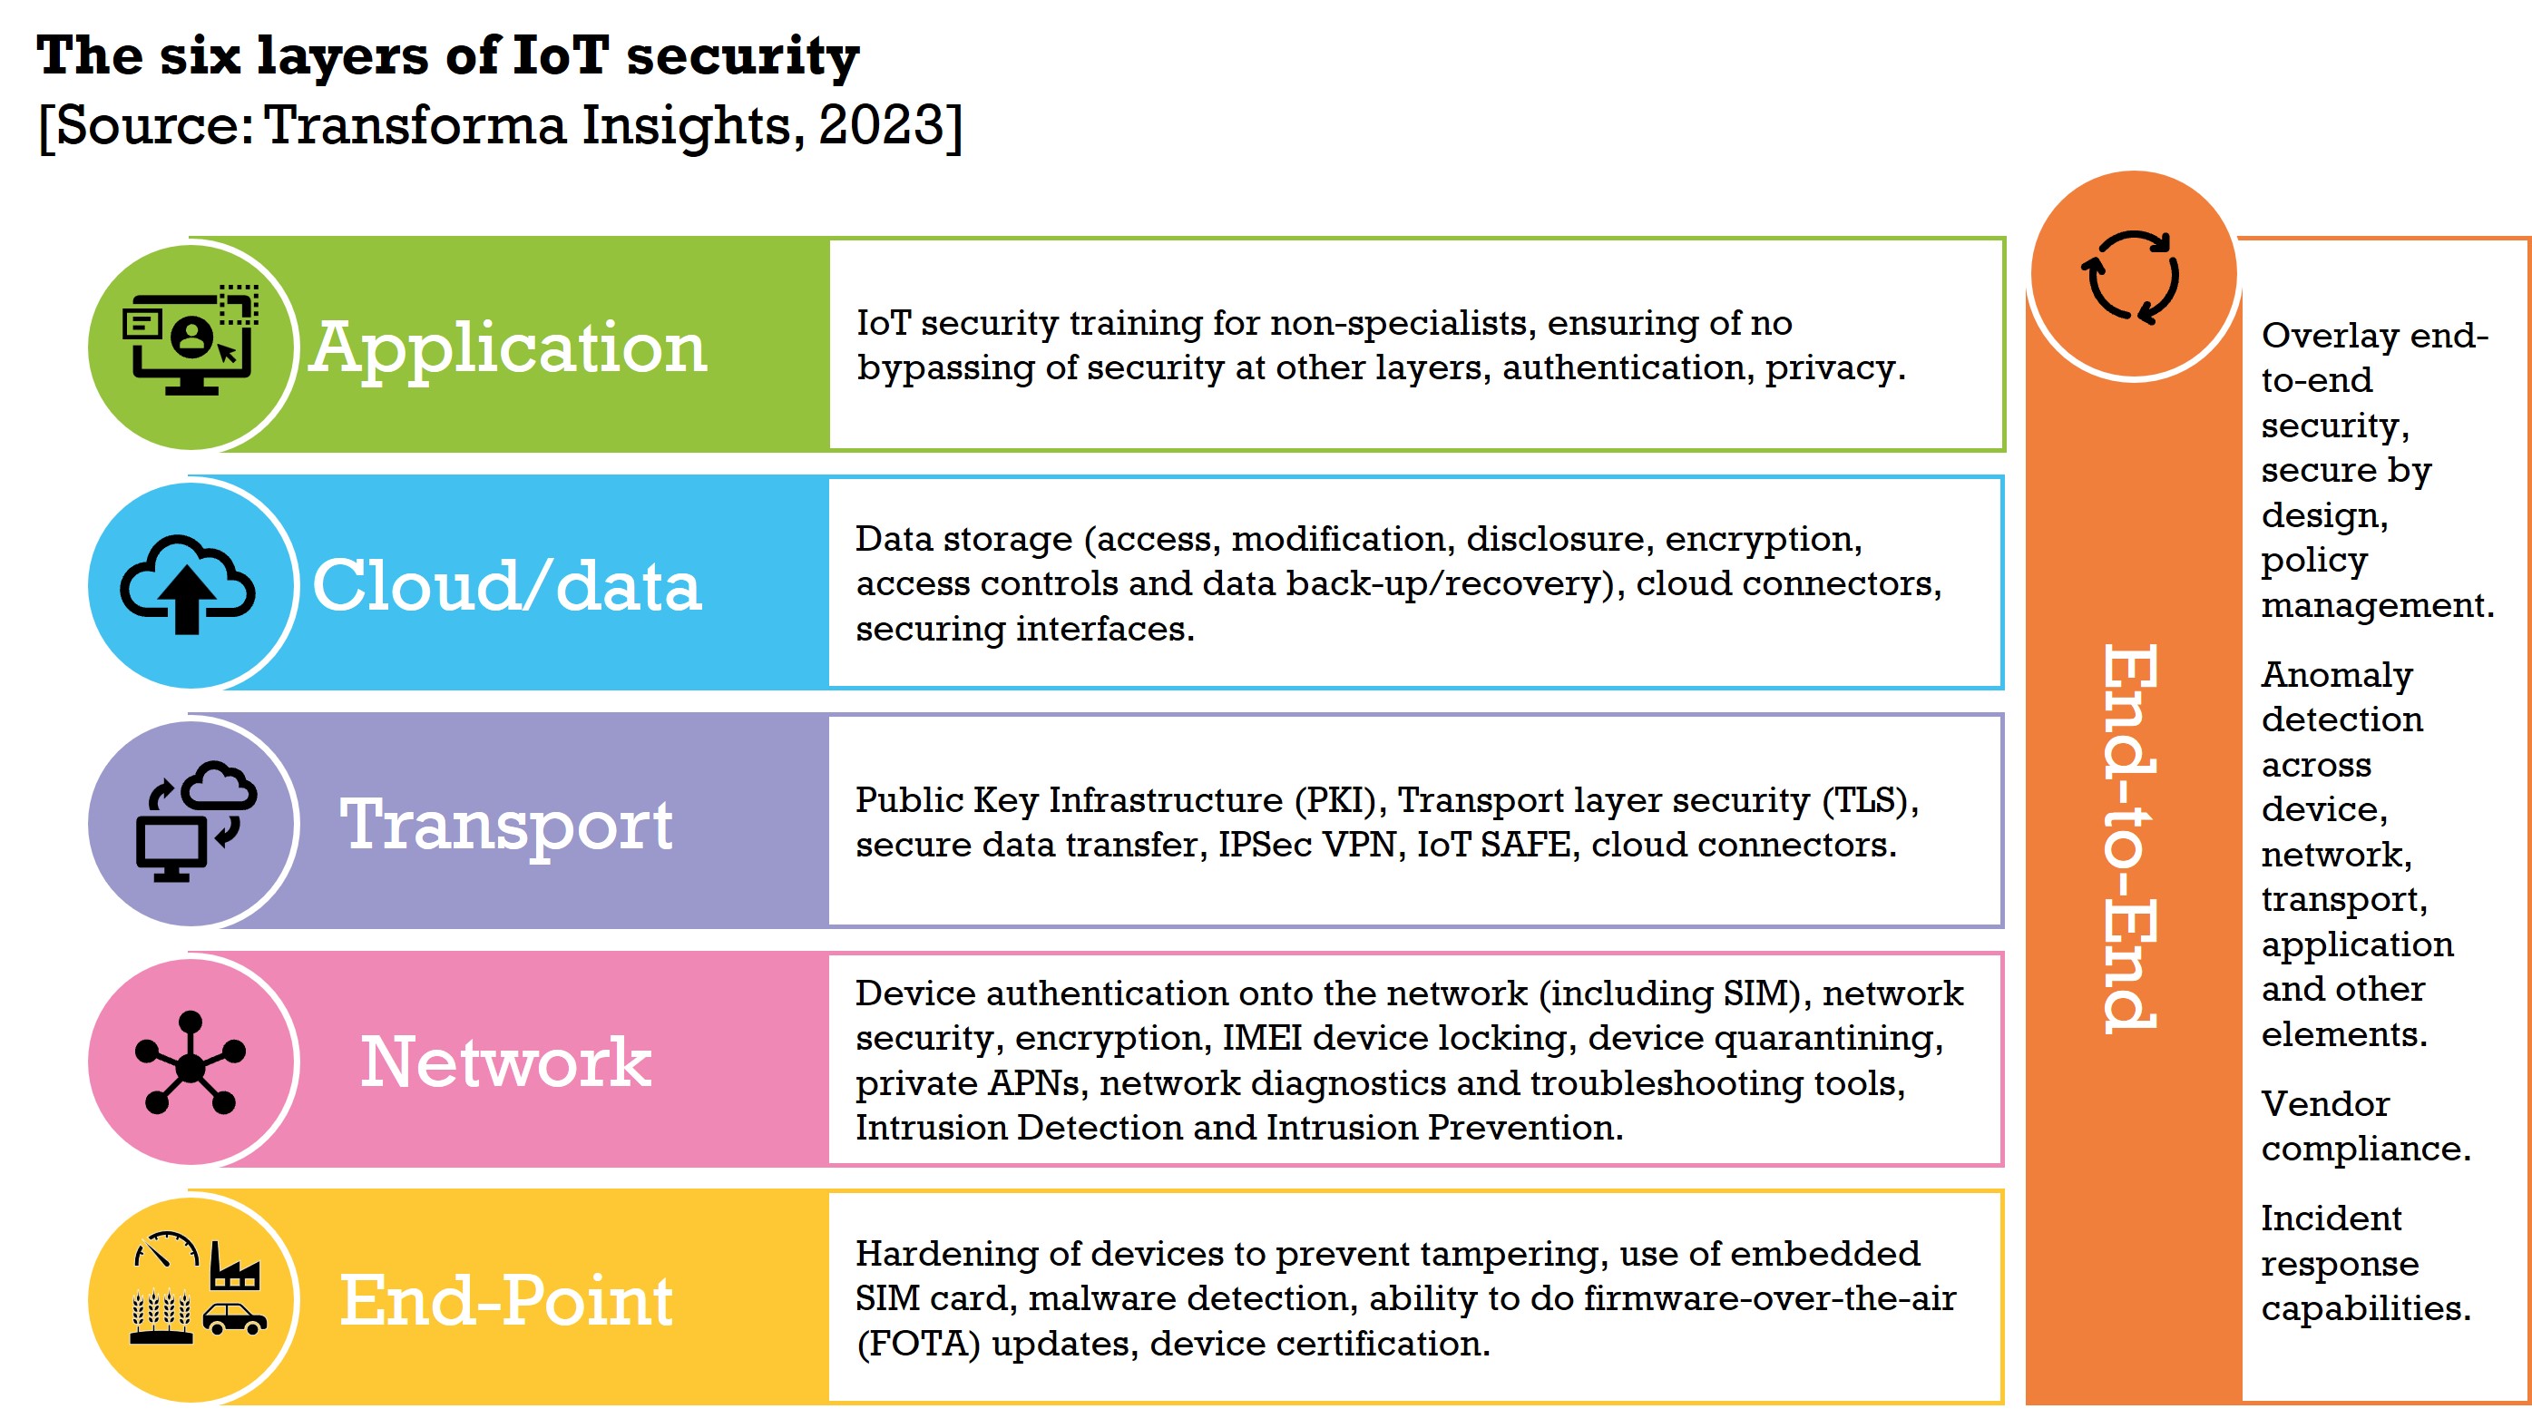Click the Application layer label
click(507, 348)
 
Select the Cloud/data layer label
click(506, 586)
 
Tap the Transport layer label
click(506, 824)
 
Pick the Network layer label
click(506, 1062)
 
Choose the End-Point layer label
click(506, 1300)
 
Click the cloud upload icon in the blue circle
click(188, 584)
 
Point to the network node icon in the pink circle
click(191, 1064)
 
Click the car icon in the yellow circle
click(234, 1318)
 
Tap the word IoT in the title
click(561, 55)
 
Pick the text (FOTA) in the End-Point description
click(918, 1343)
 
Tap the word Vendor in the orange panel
click(2324, 1104)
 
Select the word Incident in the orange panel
click(2331, 1218)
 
